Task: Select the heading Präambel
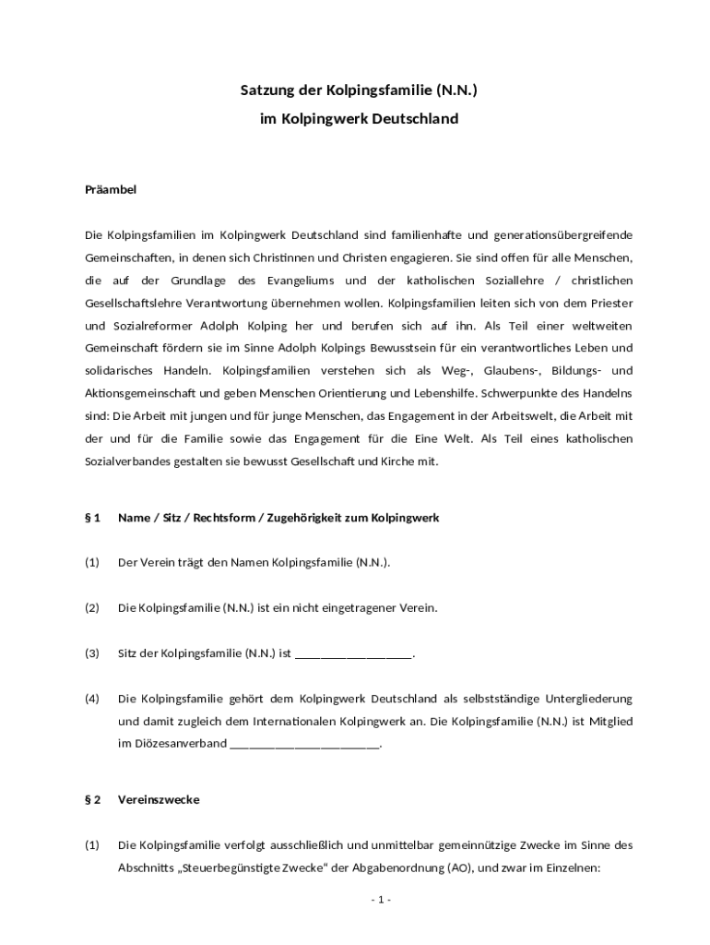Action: [x=111, y=190]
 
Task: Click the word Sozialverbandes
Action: [x=131, y=461]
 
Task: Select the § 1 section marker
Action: [x=92, y=518]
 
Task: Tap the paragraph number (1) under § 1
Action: [x=92, y=563]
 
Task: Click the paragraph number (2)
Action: [x=92, y=608]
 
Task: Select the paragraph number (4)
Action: [x=92, y=699]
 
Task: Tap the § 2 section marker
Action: [x=92, y=799]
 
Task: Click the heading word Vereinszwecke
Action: [x=159, y=799]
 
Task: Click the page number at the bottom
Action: [x=382, y=900]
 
